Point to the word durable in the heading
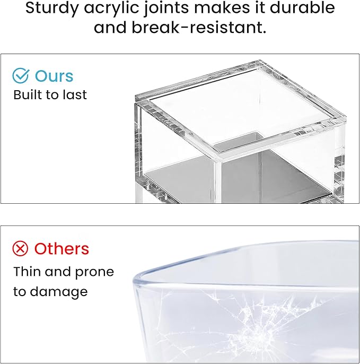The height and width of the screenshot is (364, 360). pyautogui.click(x=301, y=8)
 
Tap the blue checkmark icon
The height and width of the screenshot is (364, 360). pyautogui.click(x=21, y=76)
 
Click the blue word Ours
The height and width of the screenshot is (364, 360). pyautogui.click(x=54, y=76)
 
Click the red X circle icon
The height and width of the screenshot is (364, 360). pyautogui.click(x=21, y=248)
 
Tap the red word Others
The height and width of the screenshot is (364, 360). pyautogui.click(x=62, y=248)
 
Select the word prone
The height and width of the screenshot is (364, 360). pyautogui.click(x=94, y=273)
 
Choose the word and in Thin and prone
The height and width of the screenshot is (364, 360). pyautogui.click(x=58, y=272)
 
